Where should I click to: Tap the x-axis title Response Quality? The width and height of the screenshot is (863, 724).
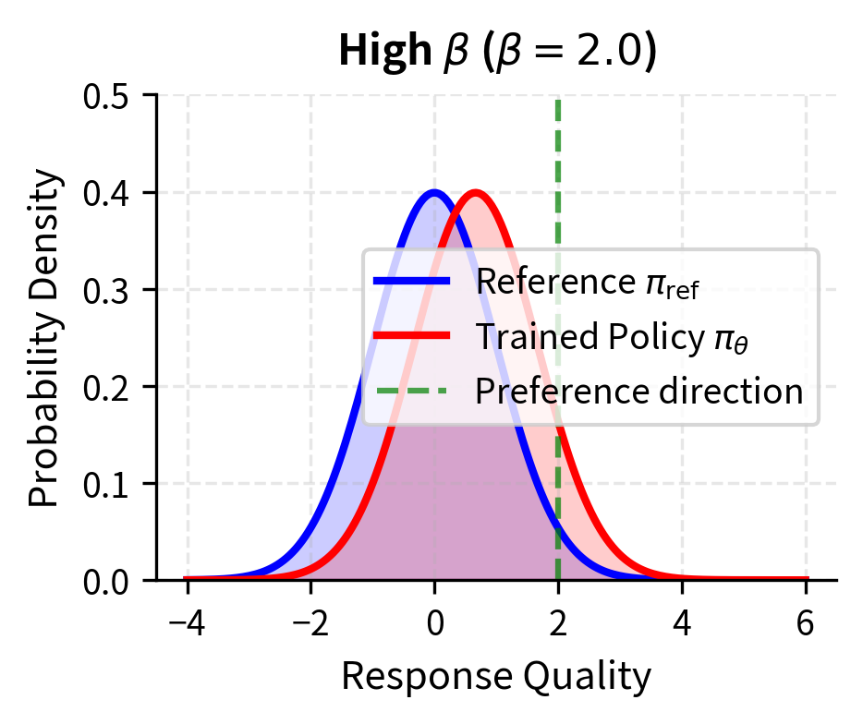(497, 677)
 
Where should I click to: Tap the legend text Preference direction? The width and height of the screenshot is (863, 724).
(638, 392)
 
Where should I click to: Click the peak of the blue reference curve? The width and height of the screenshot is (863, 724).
(434, 192)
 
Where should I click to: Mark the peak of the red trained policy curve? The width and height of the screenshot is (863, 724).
(476, 192)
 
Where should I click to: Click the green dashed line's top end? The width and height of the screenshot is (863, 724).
(558, 98)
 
